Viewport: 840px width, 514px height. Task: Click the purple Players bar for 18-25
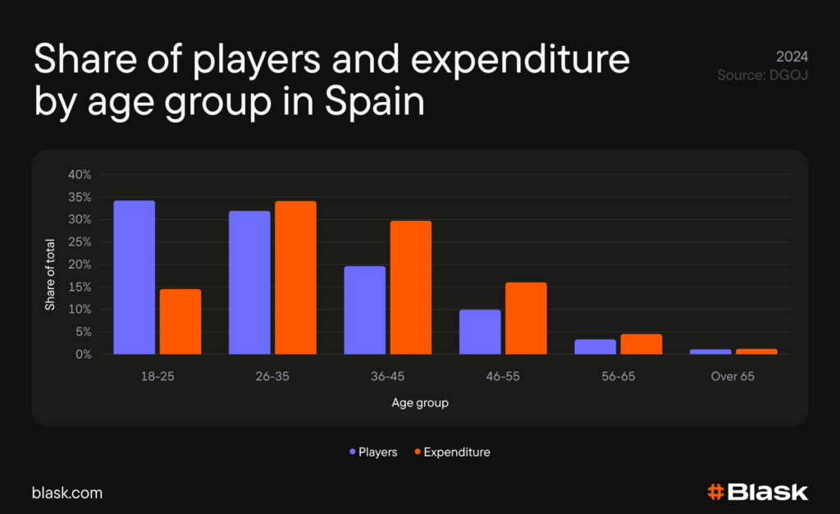click(135, 278)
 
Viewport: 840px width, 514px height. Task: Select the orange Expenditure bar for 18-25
click(180, 322)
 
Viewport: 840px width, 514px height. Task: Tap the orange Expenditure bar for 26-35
click(295, 278)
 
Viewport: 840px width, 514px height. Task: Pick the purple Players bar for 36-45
click(365, 310)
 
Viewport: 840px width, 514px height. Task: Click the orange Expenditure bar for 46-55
click(526, 319)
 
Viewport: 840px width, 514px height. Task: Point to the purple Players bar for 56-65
click(596, 346)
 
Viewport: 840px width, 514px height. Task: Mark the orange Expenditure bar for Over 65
click(756, 351)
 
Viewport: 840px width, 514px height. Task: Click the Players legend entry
click(373, 452)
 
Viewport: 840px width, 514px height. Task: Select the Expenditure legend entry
click(452, 452)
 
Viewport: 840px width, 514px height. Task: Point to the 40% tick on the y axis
click(80, 175)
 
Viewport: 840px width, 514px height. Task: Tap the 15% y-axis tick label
click(80, 287)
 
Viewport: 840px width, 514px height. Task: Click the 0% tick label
click(82, 354)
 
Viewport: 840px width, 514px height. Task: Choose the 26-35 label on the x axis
click(272, 377)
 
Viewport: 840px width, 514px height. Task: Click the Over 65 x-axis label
click(733, 377)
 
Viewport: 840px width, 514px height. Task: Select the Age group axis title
click(419, 403)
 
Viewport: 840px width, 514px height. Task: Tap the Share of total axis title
click(50, 276)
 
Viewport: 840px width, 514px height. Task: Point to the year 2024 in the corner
click(792, 57)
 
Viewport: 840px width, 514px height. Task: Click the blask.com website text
click(67, 493)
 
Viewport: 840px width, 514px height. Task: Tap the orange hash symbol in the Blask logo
click(715, 493)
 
